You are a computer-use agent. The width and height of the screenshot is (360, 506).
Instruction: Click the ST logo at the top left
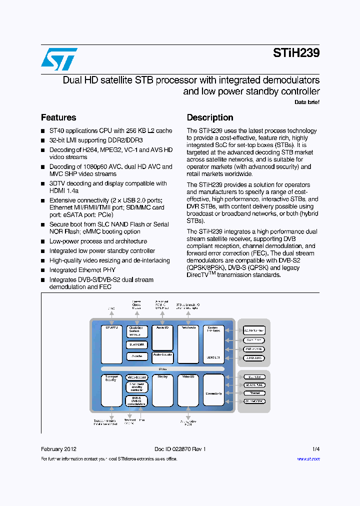(x=59, y=59)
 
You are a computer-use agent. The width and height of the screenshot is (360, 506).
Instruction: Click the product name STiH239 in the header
(x=296, y=53)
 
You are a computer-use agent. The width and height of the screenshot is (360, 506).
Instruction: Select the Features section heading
(x=58, y=117)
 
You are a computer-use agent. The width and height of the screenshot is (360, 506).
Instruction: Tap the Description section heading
(x=210, y=117)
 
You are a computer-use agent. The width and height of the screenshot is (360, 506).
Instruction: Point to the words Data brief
(x=307, y=102)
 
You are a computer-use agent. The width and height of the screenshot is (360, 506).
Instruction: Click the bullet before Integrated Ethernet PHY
(x=43, y=270)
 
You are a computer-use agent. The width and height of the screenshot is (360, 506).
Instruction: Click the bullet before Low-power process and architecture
(x=43, y=241)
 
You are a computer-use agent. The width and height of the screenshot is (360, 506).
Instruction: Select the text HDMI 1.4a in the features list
(x=64, y=190)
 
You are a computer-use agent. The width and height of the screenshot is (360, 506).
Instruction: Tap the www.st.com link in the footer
(x=308, y=458)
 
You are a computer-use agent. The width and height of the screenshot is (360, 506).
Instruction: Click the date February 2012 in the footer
(x=59, y=449)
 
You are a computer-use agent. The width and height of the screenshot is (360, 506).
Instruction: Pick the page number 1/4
(x=316, y=449)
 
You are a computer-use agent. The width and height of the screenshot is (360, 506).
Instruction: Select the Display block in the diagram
(x=162, y=390)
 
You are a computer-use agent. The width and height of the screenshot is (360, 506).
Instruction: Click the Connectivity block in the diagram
(x=213, y=393)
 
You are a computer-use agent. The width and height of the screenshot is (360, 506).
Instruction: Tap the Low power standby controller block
(x=137, y=387)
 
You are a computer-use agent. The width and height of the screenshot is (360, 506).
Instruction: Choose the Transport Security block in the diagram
(x=111, y=390)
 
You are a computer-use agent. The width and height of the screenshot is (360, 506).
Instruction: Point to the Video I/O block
(x=188, y=390)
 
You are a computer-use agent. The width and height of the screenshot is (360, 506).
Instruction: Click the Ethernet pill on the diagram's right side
(x=254, y=393)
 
